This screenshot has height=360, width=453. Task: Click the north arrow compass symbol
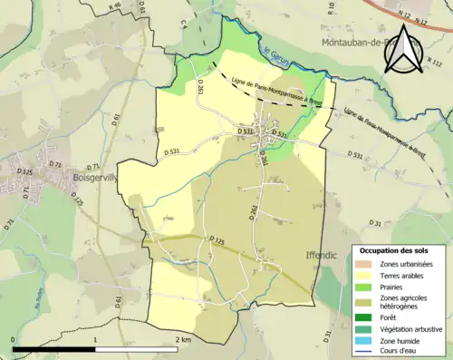pyautogui.click(x=402, y=51)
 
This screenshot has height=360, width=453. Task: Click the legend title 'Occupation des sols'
pyautogui.click(x=396, y=249)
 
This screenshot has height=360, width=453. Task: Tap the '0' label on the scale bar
pyautogui.click(x=14, y=340)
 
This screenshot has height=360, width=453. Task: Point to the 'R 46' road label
pyautogui.click(x=114, y=5)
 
